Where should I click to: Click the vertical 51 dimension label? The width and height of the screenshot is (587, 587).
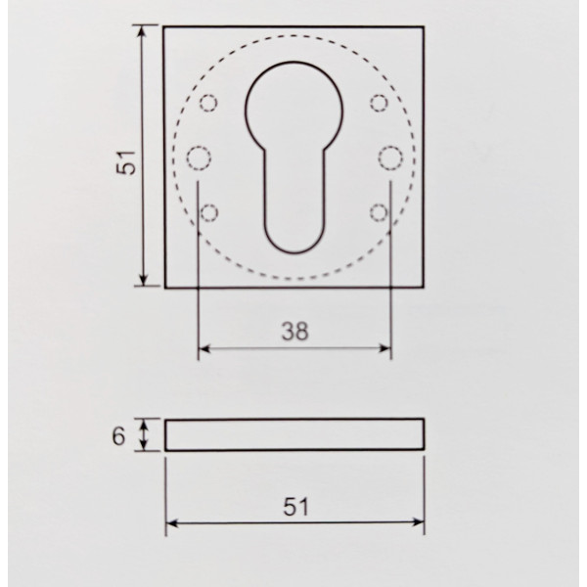pyautogui.click(x=126, y=161)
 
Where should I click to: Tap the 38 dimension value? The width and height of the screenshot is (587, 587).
pyautogui.click(x=295, y=332)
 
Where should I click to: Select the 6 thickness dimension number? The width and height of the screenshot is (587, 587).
pyautogui.click(x=118, y=436)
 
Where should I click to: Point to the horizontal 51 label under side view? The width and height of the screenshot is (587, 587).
pyautogui.click(x=295, y=507)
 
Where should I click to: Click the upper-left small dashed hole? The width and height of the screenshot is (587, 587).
pyautogui.click(x=208, y=103)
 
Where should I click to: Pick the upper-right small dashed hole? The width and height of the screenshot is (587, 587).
pyautogui.click(x=379, y=103)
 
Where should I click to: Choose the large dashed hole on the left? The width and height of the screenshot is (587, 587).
pyautogui.click(x=199, y=158)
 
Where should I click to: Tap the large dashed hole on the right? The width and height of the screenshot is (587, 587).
pyautogui.click(x=390, y=158)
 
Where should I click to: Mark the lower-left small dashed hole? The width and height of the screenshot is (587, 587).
pyautogui.click(x=209, y=212)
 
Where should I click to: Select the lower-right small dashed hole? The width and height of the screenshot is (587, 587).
pyautogui.click(x=379, y=212)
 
